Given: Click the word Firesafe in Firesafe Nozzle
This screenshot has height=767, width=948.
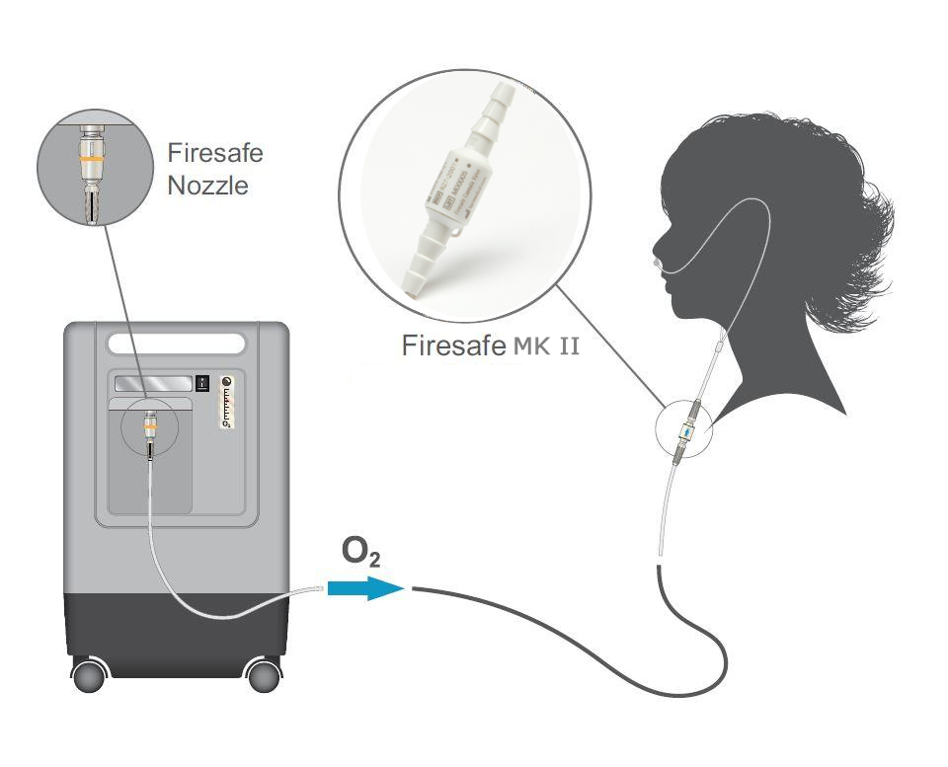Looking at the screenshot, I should (215, 154).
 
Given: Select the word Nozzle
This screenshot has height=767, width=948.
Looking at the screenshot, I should (208, 185).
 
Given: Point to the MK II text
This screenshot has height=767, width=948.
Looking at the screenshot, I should (543, 346).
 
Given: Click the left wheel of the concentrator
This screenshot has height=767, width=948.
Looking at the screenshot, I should (91, 675).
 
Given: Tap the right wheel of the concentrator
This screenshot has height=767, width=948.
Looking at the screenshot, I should (264, 675).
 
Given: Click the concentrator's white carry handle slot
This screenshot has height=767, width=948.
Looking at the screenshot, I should (177, 345).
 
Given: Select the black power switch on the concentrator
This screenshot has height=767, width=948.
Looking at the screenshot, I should (201, 382).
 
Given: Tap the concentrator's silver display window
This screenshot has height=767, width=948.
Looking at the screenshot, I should (152, 383).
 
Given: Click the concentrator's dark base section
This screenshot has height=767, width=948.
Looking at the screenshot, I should (177, 626).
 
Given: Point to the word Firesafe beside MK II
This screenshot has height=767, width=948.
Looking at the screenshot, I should (450, 346).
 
